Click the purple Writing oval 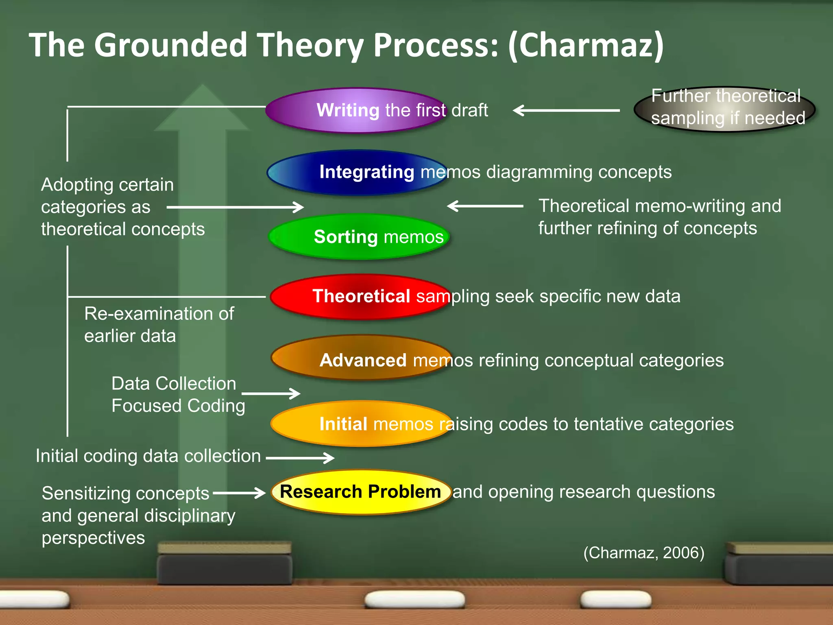[356, 110]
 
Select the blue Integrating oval [357, 173]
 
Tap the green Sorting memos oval [359, 237]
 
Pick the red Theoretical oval [360, 297]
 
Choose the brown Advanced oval [361, 357]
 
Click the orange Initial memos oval [361, 424]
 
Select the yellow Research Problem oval [361, 492]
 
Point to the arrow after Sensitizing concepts [239, 493]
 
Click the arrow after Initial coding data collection [300, 458]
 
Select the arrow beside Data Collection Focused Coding [271, 393]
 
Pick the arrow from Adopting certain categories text [235, 207]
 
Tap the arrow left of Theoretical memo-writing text [485, 206]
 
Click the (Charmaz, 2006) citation [643, 553]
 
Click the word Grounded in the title [170, 45]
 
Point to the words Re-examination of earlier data [159, 325]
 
